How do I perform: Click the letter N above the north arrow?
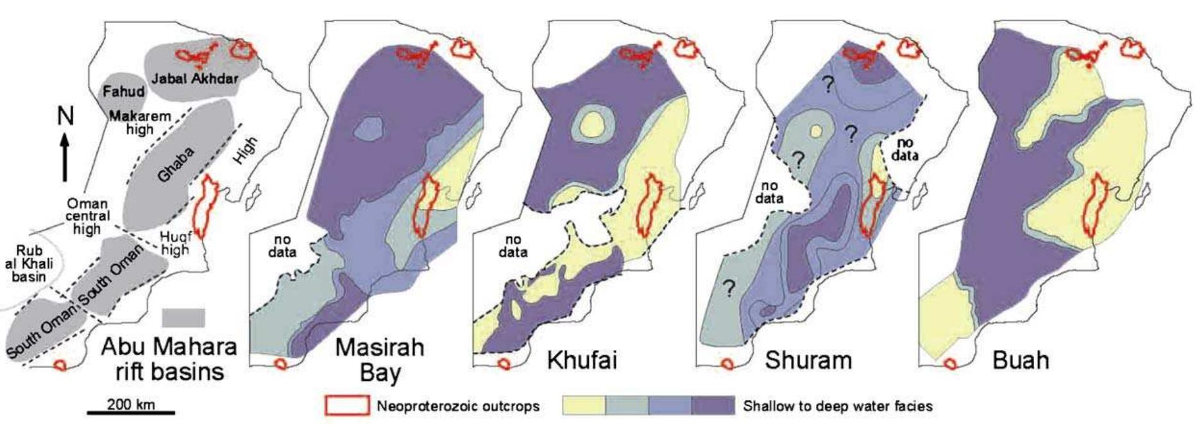click(x=65, y=116)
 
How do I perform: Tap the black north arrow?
click(x=65, y=157)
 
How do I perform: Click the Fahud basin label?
click(x=124, y=92)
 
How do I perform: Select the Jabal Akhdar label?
click(x=194, y=79)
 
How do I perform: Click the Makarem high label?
click(x=140, y=122)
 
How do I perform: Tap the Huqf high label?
click(x=175, y=243)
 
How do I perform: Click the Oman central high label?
click(x=87, y=216)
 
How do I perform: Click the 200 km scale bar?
click(x=131, y=412)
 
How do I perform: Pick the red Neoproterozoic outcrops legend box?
click(x=347, y=405)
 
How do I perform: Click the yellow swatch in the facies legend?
click(x=584, y=405)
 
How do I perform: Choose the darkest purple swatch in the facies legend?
click(x=713, y=405)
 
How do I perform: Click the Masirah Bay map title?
click(x=380, y=360)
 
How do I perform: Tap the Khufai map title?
click(x=581, y=360)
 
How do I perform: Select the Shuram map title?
click(x=808, y=360)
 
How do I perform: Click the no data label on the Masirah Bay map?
click(x=282, y=246)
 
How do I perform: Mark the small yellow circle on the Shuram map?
click(x=815, y=131)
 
